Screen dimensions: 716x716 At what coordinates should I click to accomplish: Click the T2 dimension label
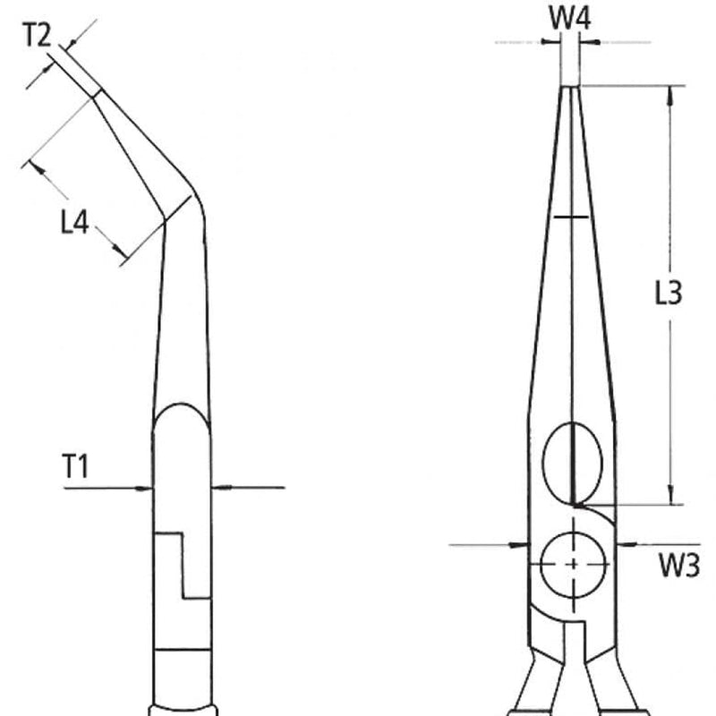[x=37, y=35]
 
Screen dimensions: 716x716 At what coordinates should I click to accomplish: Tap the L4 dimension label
[x=75, y=222]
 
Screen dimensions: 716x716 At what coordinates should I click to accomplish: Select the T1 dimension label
[x=75, y=465]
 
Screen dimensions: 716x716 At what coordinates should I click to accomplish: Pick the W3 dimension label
[x=679, y=565]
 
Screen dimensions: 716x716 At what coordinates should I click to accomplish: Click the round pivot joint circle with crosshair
[x=573, y=564]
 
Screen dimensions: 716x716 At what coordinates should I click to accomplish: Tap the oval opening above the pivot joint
[x=573, y=460]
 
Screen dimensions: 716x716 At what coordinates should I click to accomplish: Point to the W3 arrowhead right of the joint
[x=624, y=543]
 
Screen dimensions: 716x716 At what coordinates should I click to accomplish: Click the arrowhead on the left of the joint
[x=521, y=543]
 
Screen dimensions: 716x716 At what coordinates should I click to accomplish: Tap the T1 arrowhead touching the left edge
[x=146, y=488]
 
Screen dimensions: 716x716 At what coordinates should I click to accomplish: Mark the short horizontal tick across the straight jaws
[x=571, y=217]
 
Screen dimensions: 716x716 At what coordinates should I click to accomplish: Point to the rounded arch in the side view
[x=181, y=413]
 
